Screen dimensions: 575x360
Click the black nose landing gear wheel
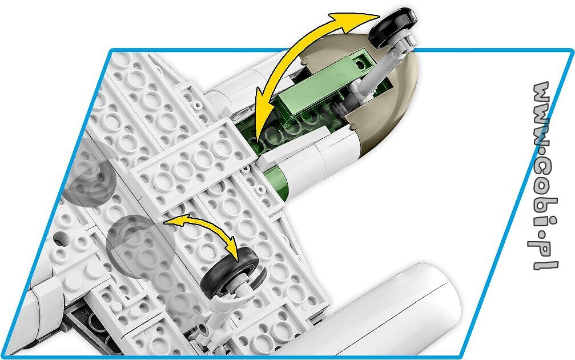point(392,27)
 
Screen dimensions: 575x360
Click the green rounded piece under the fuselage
point(279,180)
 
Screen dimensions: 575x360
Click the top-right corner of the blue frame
point(573,51)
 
